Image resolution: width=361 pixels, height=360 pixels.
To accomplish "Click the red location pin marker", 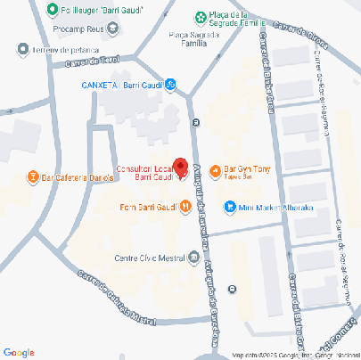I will pyautogui.click(x=179, y=167).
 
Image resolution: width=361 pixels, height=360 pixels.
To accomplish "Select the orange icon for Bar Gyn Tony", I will pyautogui.click(x=214, y=171).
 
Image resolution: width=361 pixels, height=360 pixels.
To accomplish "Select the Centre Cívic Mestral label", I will pyautogui.click(x=151, y=259).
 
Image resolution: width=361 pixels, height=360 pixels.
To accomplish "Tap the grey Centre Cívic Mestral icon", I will pyautogui.click(x=194, y=259).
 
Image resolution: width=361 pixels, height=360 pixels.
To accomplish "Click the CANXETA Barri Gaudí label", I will pyautogui.click(x=121, y=86).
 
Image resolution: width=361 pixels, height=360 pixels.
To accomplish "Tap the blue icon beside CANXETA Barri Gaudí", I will pyautogui.click(x=171, y=86).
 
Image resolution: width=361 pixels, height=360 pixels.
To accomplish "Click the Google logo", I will pyautogui.click(x=19, y=352).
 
